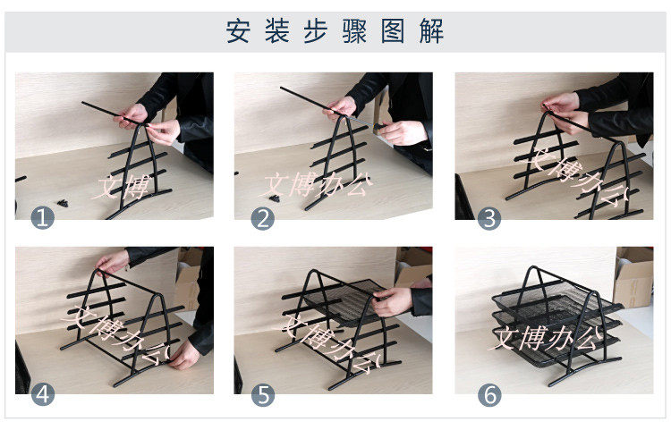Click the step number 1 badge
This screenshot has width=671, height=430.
click(43, 218)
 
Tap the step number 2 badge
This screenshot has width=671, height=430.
click(263, 218)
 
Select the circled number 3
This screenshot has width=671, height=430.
click(489, 218)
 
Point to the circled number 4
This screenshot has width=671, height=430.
click(43, 394)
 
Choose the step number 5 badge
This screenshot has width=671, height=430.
click(263, 395)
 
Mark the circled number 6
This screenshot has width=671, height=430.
click(489, 395)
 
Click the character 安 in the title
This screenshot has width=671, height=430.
click(238, 30)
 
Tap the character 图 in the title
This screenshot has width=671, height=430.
click(393, 30)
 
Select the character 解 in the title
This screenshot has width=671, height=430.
click(431, 30)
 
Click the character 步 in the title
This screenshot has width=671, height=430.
click(316, 30)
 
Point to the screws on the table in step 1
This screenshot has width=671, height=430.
click(63, 203)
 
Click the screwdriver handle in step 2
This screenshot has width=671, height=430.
click(378, 127)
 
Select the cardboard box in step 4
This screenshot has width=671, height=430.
click(188, 278)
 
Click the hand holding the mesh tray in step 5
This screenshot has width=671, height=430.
click(393, 301)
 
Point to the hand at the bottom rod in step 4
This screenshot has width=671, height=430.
click(184, 356)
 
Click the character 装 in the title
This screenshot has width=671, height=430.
click(276, 30)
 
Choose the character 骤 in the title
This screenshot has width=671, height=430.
click(354, 30)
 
